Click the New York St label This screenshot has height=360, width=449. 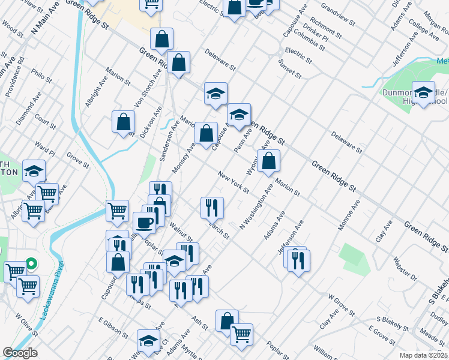tap(234, 182)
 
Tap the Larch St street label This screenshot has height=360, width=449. tap(217, 230)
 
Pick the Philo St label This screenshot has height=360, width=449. tap(43, 78)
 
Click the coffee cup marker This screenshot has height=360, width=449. tap(144, 222)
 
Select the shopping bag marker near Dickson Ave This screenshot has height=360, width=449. tap(123, 122)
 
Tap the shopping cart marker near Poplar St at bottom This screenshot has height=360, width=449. tap(241, 334)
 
